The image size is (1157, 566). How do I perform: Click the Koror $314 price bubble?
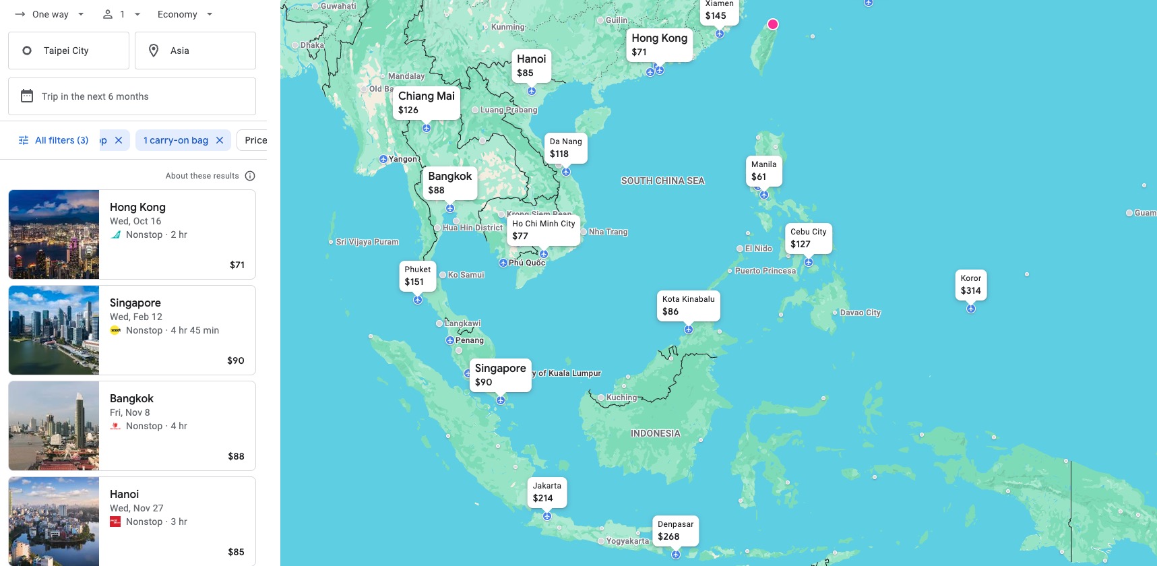pyautogui.click(x=970, y=284)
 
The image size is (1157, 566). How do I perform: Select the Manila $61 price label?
pyautogui.click(x=763, y=170)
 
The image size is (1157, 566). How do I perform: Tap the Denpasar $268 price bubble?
pyautogui.click(x=675, y=530)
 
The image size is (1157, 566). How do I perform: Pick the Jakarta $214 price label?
pyautogui.click(x=546, y=492)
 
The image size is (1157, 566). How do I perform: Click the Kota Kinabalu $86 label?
pyautogui.click(x=688, y=305)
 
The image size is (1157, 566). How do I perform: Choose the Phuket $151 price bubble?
pyautogui.click(x=417, y=276)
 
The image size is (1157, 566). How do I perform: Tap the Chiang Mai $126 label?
pyautogui.click(x=426, y=102)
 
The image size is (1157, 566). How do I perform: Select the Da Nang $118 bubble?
pyautogui.click(x=565, y=148)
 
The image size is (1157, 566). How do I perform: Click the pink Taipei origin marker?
pyautogui.click(x=773, y=24)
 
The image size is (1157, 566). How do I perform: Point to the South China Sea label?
pyautogui.click(x=662, y=181)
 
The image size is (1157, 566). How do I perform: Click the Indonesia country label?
pyautogui.click(x=655, y=433)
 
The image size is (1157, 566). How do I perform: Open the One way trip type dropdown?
pyautogui.click(x=51, y=14)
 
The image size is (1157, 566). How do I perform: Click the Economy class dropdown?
pyautogui.click(x=185, y=14)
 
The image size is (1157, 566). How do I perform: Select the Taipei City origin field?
pyautogui.click(x=69, y=51)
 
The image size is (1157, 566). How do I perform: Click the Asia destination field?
pyautogui.click(x=195, y=51)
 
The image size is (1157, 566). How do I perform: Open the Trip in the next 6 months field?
pyautogui.click(x=132, y=96)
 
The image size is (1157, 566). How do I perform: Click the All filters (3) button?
pyautogui.click(x=53, y=140)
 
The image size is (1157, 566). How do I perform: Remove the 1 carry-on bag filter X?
pyautogui.click(x=220, y=140)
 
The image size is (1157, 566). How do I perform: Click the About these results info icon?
pyautogui.click(x=250, y=176)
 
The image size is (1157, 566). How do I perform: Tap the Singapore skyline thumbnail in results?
pyautogui.click(x=54, y=330)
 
